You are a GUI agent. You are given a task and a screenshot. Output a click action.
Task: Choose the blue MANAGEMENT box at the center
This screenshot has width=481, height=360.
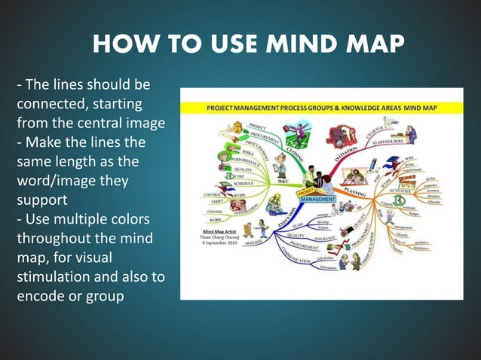[317, 199]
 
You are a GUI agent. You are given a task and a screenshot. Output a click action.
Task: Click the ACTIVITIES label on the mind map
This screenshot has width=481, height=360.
[397, 192]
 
